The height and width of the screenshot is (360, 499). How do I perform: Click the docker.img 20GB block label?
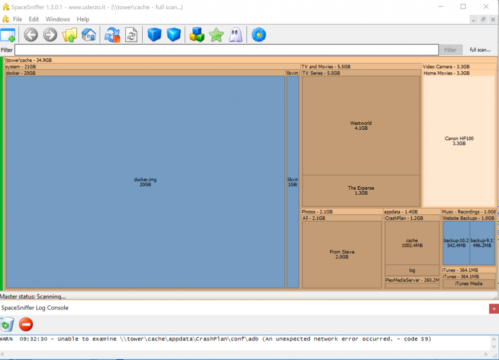pos(145,182)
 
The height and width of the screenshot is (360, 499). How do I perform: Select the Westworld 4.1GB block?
pos(361,125)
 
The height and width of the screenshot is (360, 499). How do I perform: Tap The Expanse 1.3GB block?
pos(361,190)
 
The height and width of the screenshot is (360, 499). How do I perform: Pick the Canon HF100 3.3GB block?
pos(459,141)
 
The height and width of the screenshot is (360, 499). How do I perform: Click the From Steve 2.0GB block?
pos(342,254)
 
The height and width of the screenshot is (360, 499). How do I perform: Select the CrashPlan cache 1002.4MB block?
pos(412,243)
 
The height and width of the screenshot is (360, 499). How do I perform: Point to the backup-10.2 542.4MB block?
pos(456,243)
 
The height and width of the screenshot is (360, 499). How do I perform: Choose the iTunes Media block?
pos(469,284)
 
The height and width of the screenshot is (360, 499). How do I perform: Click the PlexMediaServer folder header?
pos(412,280)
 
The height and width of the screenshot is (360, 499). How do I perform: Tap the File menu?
pos(17,19)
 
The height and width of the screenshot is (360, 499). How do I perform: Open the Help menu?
pos(83,19)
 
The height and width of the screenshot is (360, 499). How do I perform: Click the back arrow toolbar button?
pos(31,34)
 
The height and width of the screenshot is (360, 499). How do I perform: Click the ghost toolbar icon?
pos(236,34)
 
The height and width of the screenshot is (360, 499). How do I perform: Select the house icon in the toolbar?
pos(89,34)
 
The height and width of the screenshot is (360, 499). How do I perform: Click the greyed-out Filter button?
pos(450,49)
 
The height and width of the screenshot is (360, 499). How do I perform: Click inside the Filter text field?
pos(227,49)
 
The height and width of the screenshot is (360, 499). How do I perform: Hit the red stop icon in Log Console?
pos(26,325)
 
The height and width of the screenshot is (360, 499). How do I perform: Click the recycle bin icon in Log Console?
pos(7,325)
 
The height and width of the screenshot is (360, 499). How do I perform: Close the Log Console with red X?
pos(494,309)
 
